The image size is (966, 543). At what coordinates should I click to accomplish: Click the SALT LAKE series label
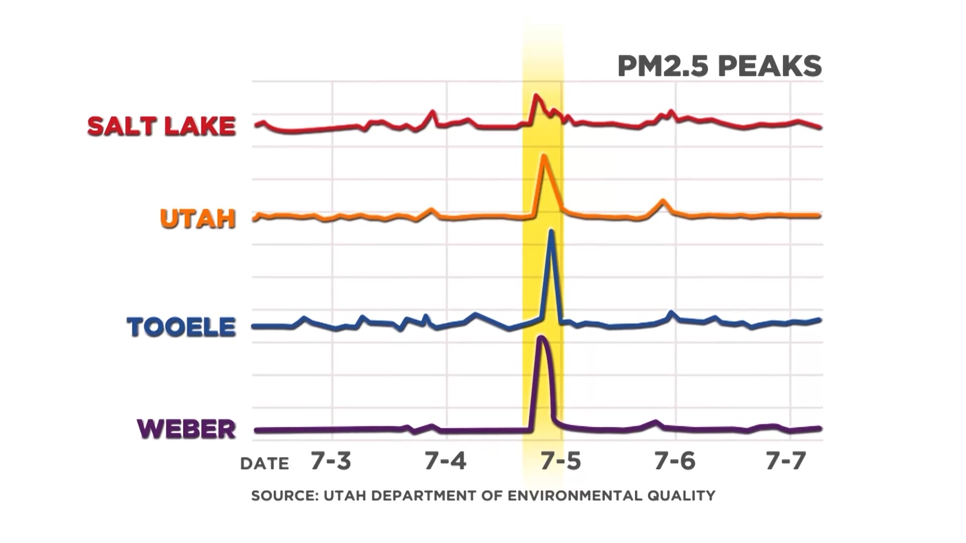click(x=162, y=126)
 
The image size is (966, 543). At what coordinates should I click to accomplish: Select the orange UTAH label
click(x=198, y=219)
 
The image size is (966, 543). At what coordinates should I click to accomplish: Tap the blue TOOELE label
click(x=181, y=327)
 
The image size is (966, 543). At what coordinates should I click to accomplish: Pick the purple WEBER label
click(x=186, y=429)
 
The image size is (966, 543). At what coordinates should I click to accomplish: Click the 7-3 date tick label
click(x=331, y=461)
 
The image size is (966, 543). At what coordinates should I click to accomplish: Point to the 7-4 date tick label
click(x=445, y=461)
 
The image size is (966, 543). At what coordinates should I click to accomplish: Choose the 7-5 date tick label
click(x=560, y=461)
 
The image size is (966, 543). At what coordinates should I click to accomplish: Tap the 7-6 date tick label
click(x=675, y=461)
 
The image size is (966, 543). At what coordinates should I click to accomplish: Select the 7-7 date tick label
click(x=786, y=461)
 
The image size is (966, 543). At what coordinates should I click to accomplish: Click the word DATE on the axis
click(x=265, y=464)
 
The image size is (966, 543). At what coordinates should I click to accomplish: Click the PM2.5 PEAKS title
click(x=719, y=66)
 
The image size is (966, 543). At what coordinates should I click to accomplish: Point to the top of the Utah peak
click(x=543, y=156)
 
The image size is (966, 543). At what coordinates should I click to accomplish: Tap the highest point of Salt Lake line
click(x=536, y=95)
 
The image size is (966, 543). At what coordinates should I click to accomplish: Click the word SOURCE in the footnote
click(x=284, y=496)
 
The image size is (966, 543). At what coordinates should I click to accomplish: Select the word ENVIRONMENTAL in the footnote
click(x=575, y=496)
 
